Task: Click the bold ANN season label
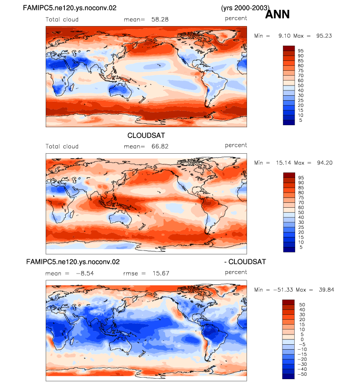tap(277, 14)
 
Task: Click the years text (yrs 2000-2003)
tap(245, 8)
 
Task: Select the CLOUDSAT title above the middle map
tap(146, 136)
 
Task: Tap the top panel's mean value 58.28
tap(160, 20)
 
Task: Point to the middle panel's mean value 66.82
tap(160, 146)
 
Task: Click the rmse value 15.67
tap(161, 274)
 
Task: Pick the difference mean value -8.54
tap(85, 274)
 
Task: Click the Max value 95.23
tap(324, 36)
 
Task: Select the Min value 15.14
tap(283, 163)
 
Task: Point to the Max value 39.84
tap(327, 290)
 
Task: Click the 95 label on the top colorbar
tap(301, 51)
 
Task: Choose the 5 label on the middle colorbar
tap(301, 247)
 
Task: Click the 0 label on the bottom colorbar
tap(302, 339)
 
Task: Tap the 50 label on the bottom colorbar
tap(302, 305)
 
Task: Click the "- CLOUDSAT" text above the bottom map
tap(245, 262)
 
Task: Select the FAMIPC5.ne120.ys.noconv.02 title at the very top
tap(70, 8)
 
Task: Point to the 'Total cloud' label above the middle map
tap(62, 146)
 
